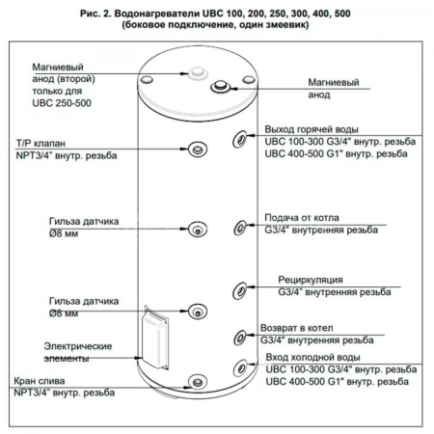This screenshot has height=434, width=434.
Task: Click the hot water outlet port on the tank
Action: (x=239, y=139)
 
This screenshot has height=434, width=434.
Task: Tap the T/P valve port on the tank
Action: (x=198, y=149)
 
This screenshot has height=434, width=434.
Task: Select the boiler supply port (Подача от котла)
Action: (x=240, y=228)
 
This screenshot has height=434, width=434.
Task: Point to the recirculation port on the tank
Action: (x=239, y=290)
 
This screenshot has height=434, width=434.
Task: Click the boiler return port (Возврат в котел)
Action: (x=239, y=338)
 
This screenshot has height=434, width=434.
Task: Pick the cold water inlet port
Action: (x=240, y=367)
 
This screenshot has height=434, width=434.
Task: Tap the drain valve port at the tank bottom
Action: (x=197, y=382)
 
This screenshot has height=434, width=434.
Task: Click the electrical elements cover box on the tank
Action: (x=156, y=338)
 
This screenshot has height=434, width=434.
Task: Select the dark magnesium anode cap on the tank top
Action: (x=220, y=87)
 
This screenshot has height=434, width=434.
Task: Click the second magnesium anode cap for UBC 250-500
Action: (x=197, y=72)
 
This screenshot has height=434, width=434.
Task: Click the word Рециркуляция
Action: (x=311, y=280)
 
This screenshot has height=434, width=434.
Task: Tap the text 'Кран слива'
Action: (x=40, y=381)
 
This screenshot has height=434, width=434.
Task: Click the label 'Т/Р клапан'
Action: (x=41, y=144)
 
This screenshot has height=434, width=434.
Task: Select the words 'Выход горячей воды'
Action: (x=312, y=129)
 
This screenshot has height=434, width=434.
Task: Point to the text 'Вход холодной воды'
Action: (x=312, y=358)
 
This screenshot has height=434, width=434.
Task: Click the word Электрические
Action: (x=78, y=346)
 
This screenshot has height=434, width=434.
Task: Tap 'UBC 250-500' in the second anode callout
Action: (x=62, y=103)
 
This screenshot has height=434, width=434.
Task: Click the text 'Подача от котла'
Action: (x=302, y=218)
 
